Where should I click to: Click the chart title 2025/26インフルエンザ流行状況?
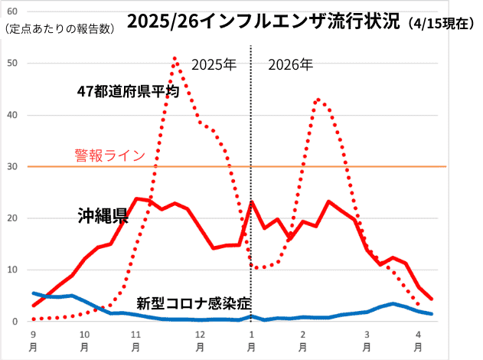click(264, 21)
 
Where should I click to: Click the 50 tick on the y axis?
click(11, 63)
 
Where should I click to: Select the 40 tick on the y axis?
click(11, 115)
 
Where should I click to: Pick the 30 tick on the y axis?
click(11, 166)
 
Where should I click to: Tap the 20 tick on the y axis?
click(11, 218)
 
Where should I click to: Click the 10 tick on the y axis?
click(11, 270)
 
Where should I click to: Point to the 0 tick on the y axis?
click(15, 322)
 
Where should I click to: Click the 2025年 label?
click(214, 65)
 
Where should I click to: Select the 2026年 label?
click(291, 65)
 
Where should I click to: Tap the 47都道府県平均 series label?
click(128, 91)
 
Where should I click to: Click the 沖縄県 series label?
click(102, 216)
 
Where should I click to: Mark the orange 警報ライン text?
click(109, 155)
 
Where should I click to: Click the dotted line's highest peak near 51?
click(175, 57)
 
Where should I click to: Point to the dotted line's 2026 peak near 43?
click(318, 99)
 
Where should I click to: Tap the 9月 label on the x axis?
click(33, 340)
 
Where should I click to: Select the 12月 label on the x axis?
click(199, 340)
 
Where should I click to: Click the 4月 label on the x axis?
click(416, 340)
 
